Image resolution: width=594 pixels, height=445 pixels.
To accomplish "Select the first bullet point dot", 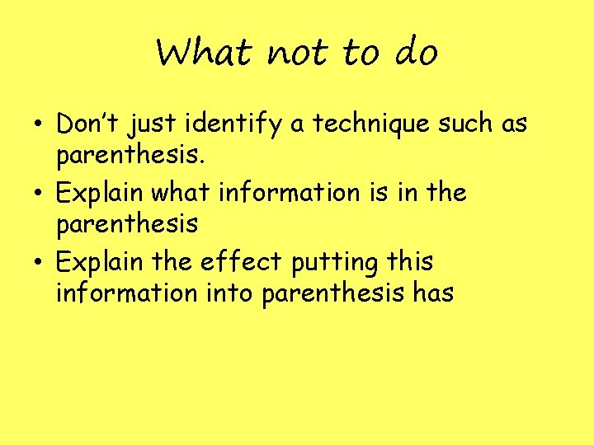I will pyautogui.click(x=40, y=126).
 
